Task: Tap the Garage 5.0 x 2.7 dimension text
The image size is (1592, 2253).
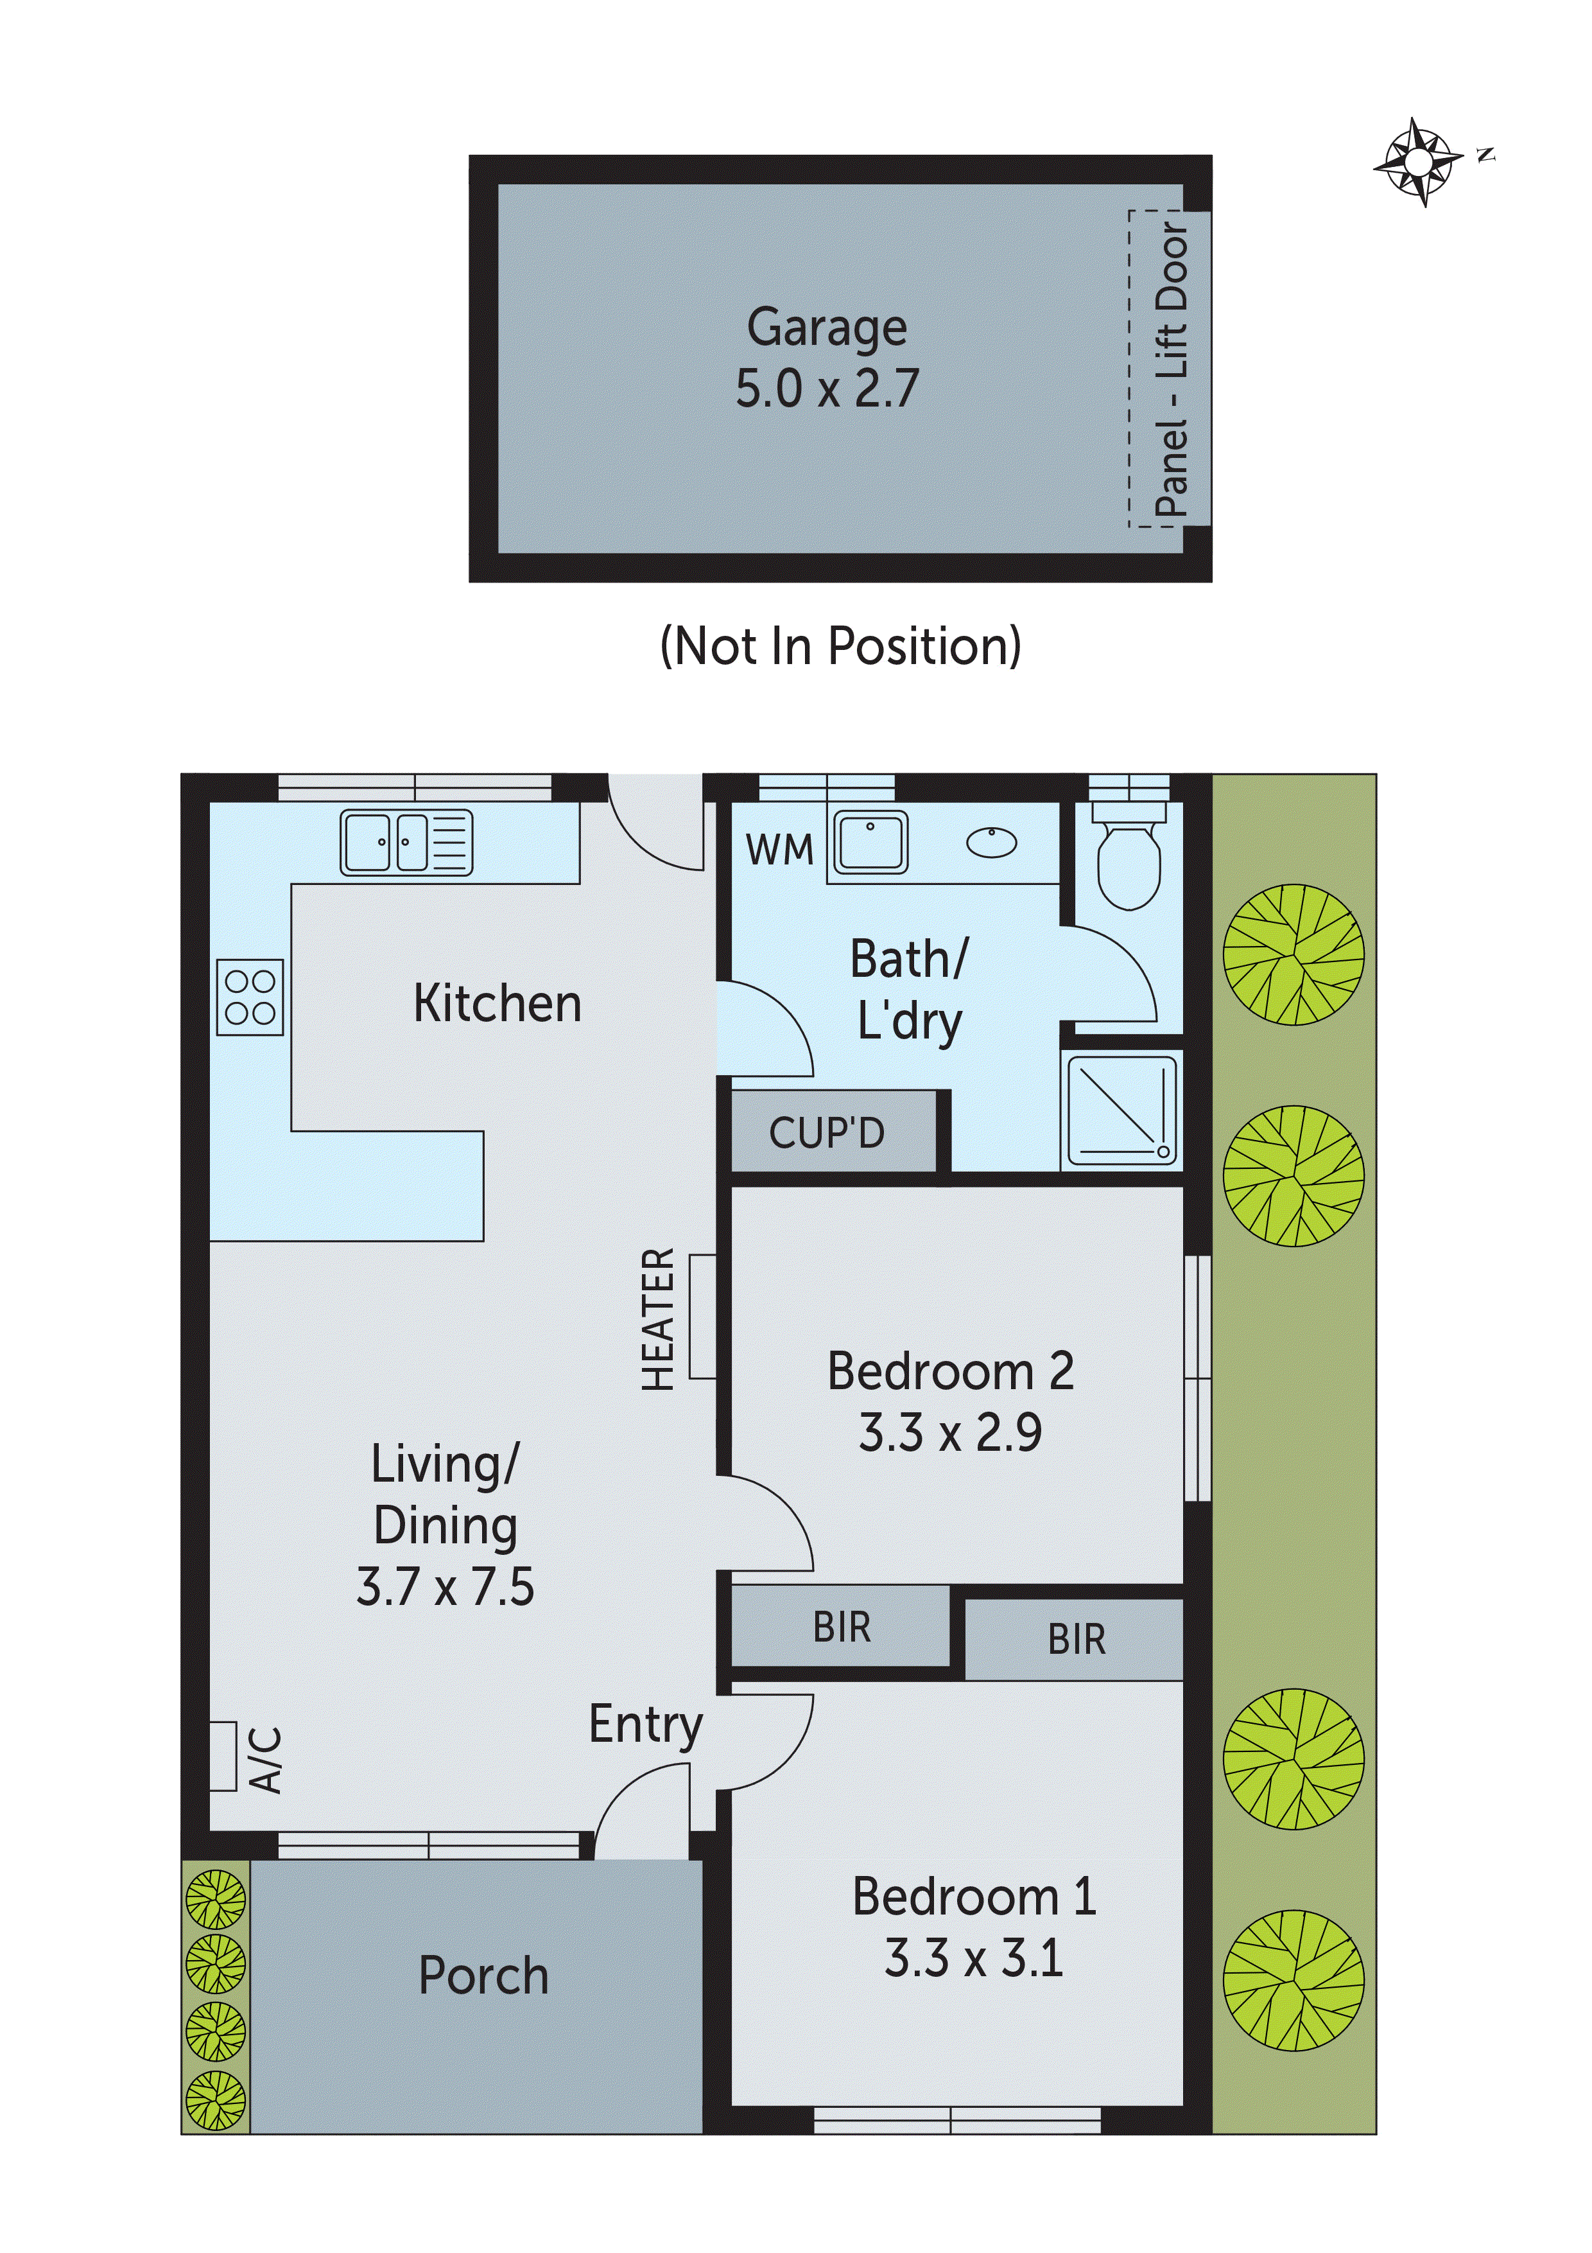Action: click(x=827, y=389)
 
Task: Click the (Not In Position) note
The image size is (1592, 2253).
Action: click(x=841, y=647)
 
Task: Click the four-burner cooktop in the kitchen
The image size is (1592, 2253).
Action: click(x=250, y=997)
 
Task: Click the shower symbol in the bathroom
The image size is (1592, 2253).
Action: click(x=1121, y=1111)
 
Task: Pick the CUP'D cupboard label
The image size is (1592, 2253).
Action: click(x=827, y=1134)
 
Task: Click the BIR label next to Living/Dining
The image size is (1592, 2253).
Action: click(x=842, y=1628)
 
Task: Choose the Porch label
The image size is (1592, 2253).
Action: click(x=483, y=1976)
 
